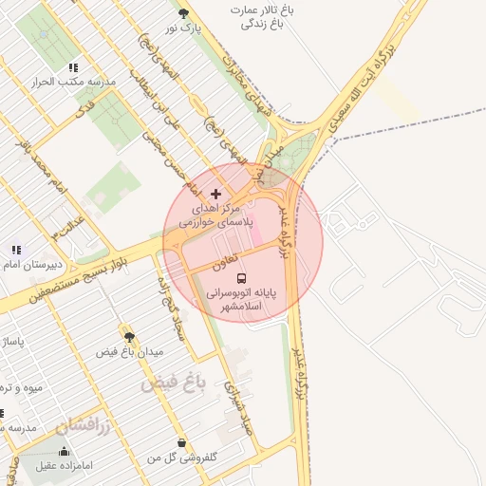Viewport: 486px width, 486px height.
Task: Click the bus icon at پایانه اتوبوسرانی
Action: click(241, 279)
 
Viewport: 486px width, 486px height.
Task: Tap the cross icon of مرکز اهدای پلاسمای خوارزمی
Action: click(215, 194)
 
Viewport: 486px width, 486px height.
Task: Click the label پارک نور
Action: click(184, 29)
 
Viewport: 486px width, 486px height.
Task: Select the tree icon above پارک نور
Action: click(184, 13)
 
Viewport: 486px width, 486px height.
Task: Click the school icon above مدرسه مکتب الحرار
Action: click(73, 67)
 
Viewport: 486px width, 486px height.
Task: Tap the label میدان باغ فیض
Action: click(128, 352)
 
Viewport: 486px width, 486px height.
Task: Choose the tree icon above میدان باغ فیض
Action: click(129, 336)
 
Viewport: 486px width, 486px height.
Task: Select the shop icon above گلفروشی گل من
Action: click(181, 442)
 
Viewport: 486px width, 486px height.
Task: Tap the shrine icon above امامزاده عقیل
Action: click(64, 451)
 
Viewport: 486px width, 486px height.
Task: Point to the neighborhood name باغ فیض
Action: click(174, 383)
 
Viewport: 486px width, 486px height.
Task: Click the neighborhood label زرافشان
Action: click(77, 426)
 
